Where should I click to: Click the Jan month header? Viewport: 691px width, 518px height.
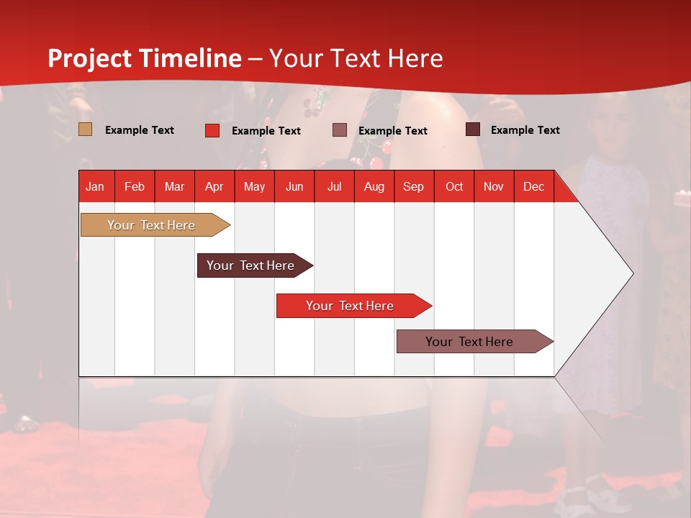pyautogui.click(x=95, y=187)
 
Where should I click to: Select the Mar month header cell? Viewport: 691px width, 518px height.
pyautogui.click(x=174, y=187)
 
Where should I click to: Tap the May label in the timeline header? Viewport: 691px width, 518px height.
pyautogui.click(x=254, y=187)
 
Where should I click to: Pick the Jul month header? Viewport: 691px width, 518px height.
pyautogui.click(x=335, y=187)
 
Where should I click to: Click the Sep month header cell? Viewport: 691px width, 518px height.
pyautogui.click(x=413, y=187)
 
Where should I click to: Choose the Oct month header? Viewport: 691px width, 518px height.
pyautogui.click(x=454, y=187)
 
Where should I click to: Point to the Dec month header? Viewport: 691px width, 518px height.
pyautogui.click(x=533, y=187)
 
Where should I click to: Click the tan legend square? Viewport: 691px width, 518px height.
pyautogui.click(x=85, y=129)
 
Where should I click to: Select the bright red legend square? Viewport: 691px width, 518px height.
pyautogui.click(x=212, y=130)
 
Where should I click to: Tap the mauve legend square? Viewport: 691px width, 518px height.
pyautogui.click(x=340, y=130)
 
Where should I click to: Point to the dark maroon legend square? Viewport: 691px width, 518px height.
pyautogui.click(x=473, y=129)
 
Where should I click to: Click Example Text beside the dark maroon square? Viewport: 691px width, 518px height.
pyautogui.click(x=525, y=130)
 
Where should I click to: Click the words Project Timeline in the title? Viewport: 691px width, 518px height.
pyautogui.click(x=144, y=58)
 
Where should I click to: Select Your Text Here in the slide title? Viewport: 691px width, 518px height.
pyautogui.click(x=356, y=58)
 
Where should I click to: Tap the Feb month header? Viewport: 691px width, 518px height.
pyautogui.click(x=135, y=187)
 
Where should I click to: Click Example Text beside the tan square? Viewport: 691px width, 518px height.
pyautogui.click(x=139, y=130)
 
